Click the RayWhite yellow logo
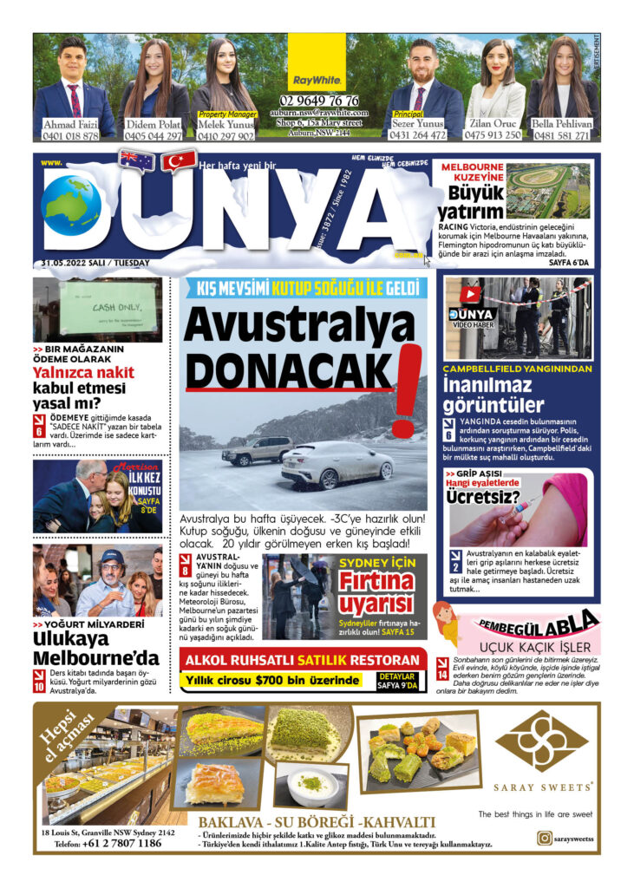coord(317,80)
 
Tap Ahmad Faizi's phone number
coord(71,136)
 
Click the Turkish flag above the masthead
coord(180,161)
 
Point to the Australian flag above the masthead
coord(137,160)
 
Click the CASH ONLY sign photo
coord(97,310)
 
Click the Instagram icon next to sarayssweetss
coord(544,838)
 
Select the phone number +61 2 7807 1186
coord(121,843)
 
